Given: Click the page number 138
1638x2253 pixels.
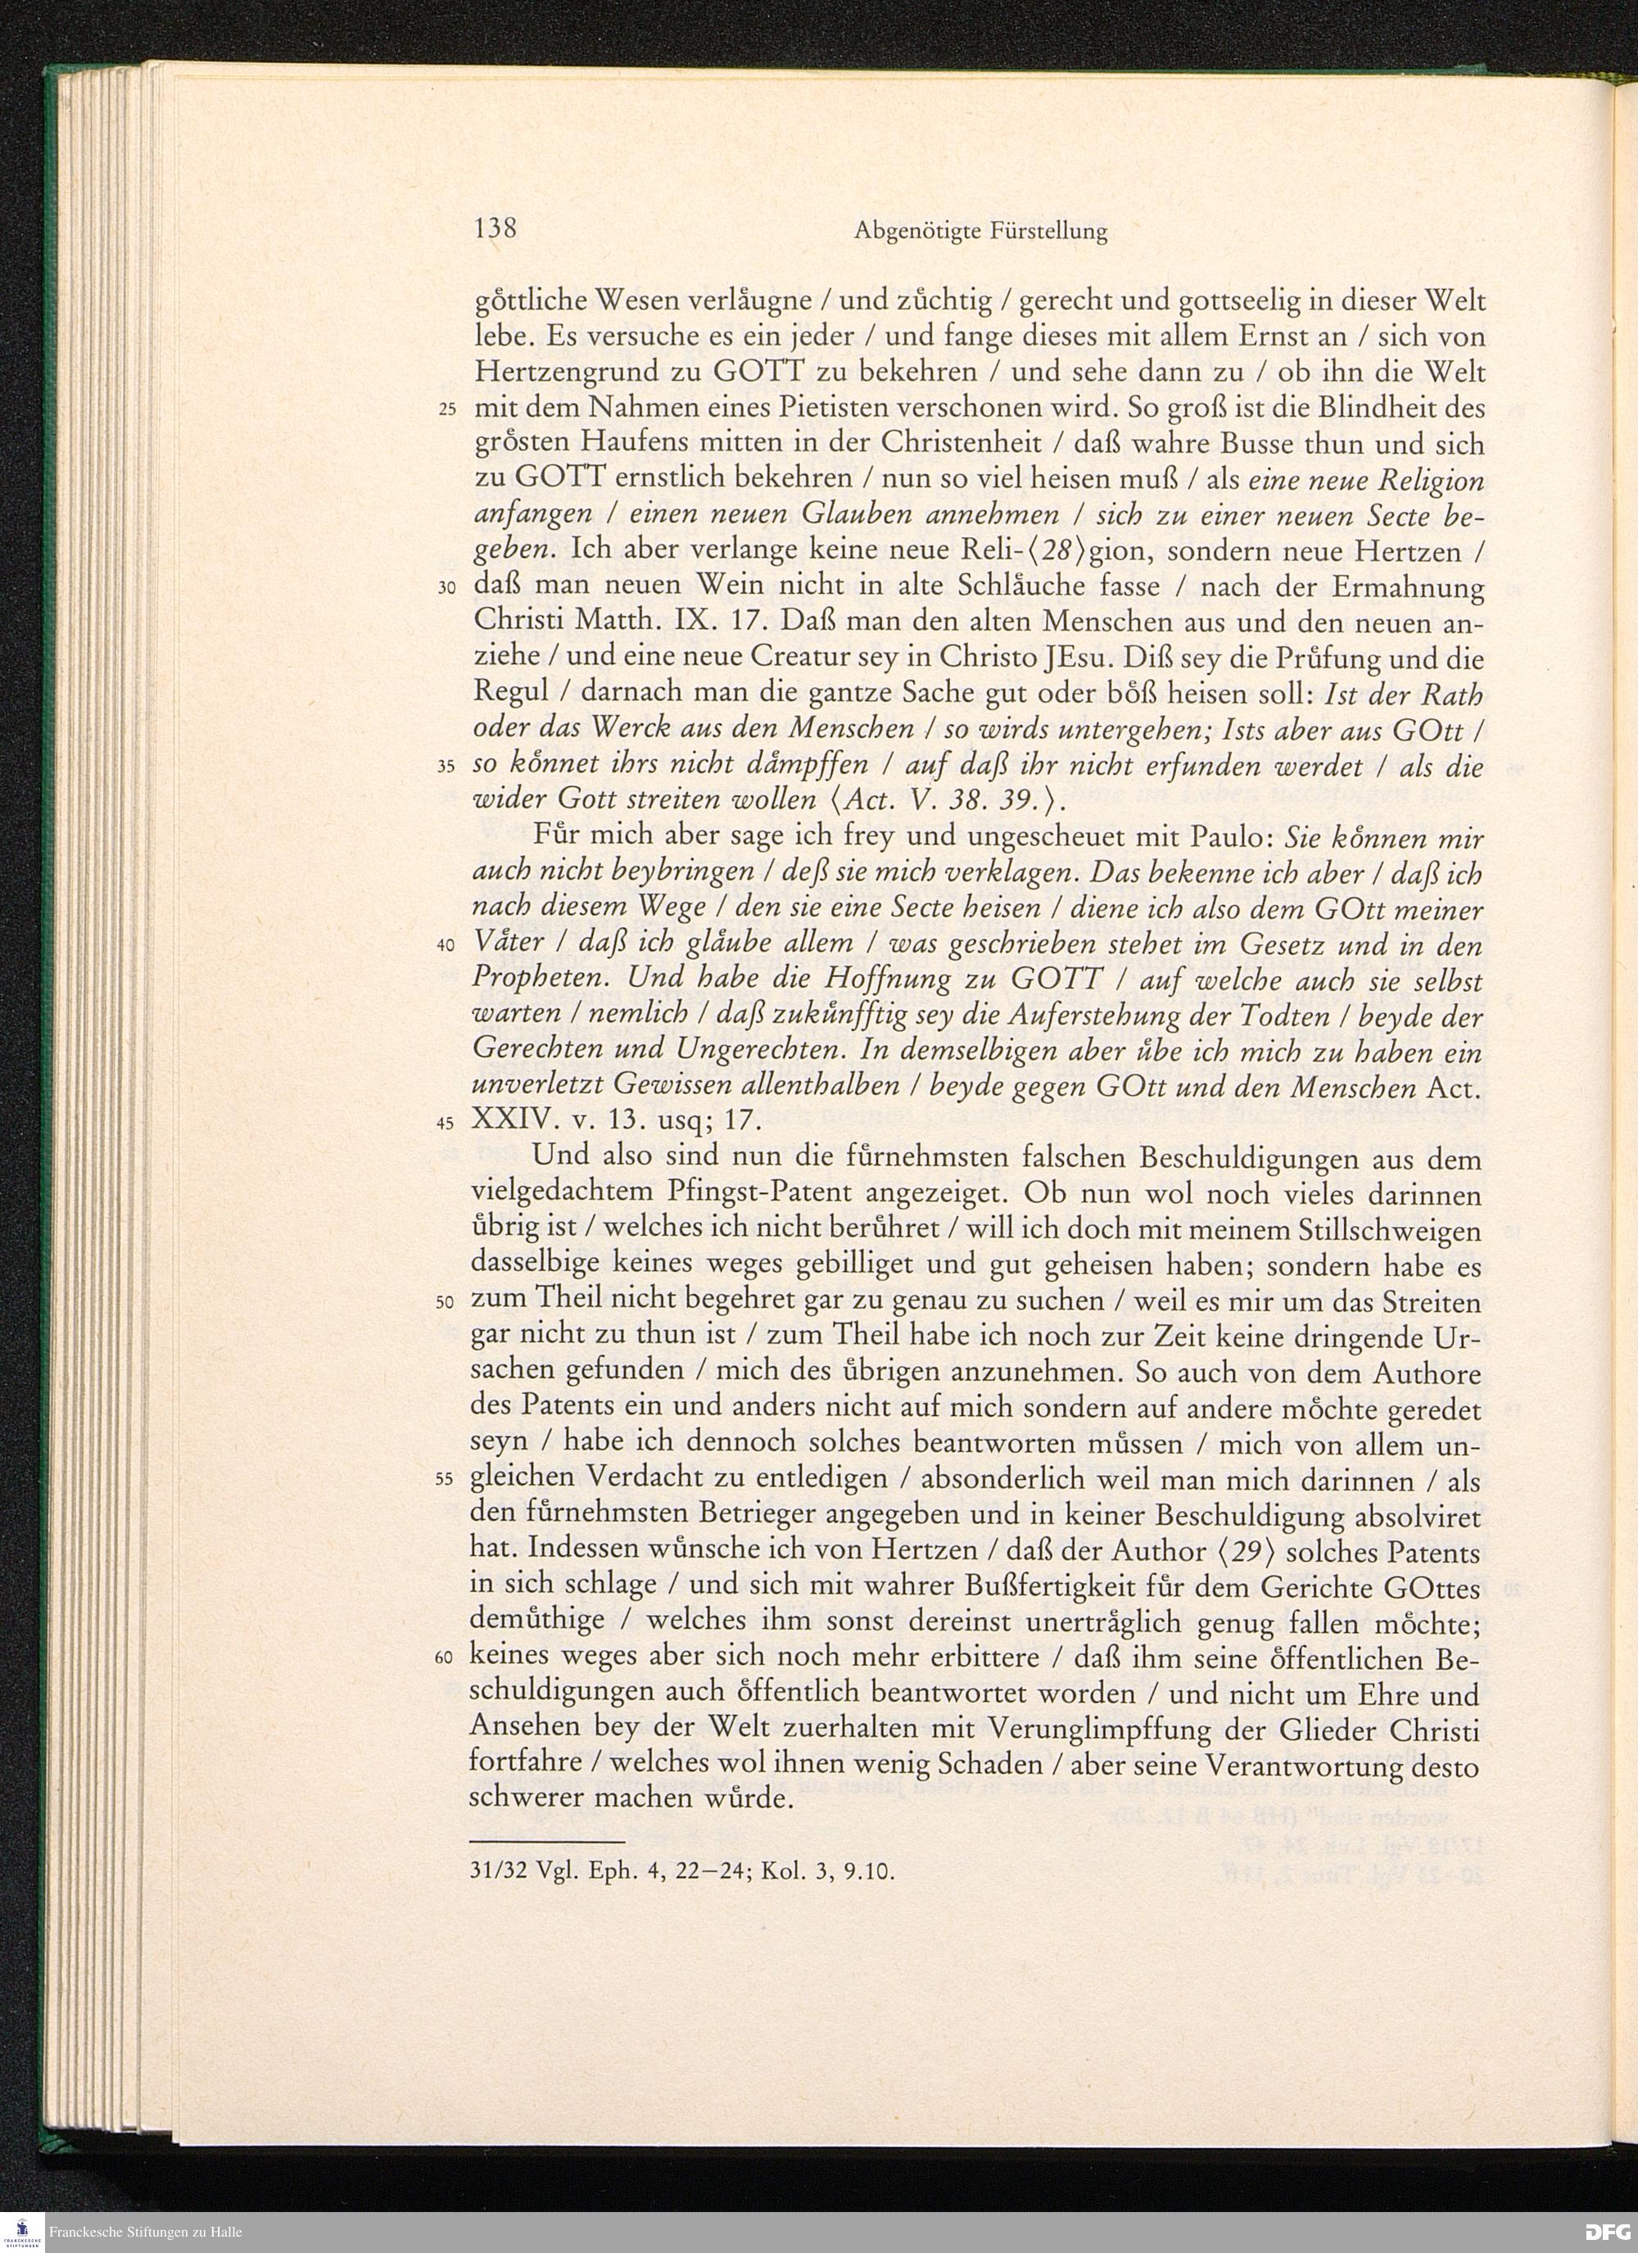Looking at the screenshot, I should [495, 229].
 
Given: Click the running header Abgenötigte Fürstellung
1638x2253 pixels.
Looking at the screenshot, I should [980, 233].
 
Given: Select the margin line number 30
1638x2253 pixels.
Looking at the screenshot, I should [447, 589].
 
